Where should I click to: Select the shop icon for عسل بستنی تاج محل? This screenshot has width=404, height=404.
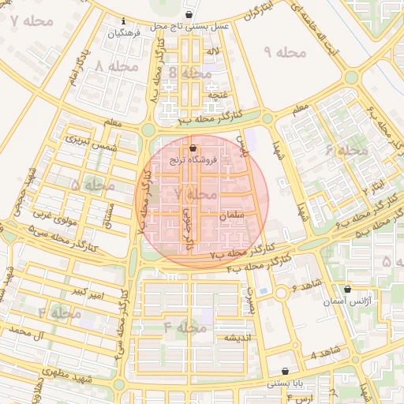pos(189,15)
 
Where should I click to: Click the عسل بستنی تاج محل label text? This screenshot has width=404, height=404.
pos(189,26)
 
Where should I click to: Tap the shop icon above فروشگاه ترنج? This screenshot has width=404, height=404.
pos(193,148)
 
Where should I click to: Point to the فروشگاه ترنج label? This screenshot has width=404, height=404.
pos(193,159)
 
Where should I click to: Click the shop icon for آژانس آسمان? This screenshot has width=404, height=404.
pos(347,290)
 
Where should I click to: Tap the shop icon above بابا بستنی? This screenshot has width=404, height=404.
pos(285,371)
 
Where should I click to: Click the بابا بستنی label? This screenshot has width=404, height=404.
pos(285,383)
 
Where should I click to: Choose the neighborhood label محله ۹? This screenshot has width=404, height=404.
pos(283,52)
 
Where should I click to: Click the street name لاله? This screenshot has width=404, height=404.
pos(212,51)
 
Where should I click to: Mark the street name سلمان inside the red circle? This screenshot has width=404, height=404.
pos(235,215)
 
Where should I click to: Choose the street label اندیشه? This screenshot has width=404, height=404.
pos(238,337)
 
